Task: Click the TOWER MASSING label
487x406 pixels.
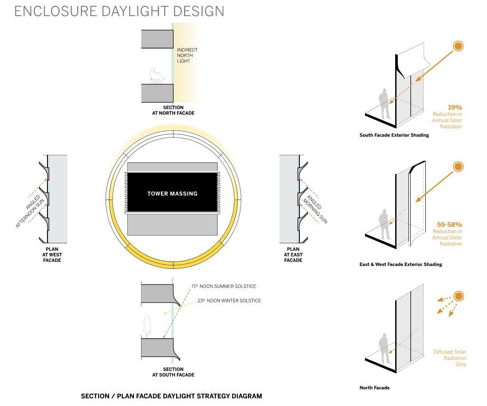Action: [173, 193]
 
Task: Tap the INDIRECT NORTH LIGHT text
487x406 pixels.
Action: [187, 55]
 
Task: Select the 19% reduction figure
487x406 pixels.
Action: [455, 107]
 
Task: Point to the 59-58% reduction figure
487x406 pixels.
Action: [449, 225]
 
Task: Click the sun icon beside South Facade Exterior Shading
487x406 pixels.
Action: [458, 46]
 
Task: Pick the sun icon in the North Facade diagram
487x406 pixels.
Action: [459, 296]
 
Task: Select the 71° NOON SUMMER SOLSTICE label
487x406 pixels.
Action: [224, 286]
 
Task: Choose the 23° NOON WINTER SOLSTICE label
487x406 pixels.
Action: [229, 300]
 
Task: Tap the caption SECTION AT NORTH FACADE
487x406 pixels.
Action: [173, 110]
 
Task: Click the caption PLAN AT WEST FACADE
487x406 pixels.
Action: [52, 255]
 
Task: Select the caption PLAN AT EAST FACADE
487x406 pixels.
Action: [293, 255]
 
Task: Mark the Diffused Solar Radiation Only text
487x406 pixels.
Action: [449, 358]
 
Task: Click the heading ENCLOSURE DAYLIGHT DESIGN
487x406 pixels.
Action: [119, 11]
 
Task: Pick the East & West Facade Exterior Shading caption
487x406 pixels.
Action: [401, 264]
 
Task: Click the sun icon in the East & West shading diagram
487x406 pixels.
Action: [458, 166]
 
